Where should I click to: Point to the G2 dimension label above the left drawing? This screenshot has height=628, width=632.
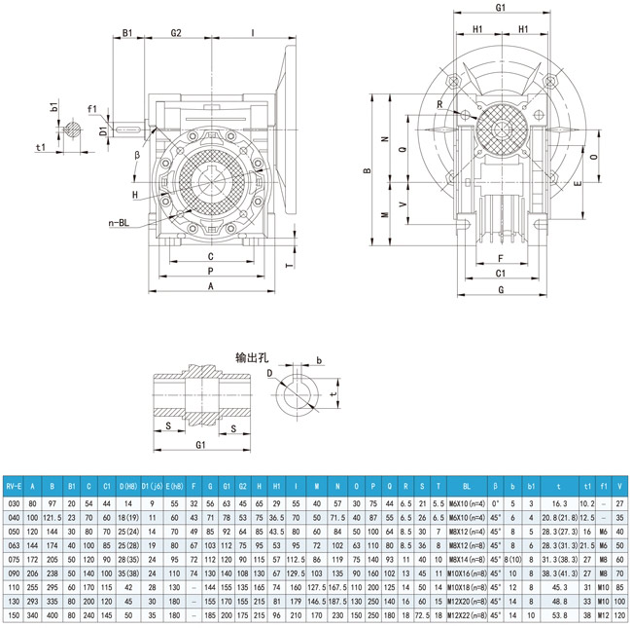[176, 33]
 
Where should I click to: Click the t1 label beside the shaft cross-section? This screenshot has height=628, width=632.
[42, 148]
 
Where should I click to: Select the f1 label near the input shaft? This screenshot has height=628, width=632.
[91, 108]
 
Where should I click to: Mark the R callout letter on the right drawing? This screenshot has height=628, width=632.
[439, 104]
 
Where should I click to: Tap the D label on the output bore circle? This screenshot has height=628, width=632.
[271, 373]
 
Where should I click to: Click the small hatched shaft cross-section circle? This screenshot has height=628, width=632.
[71, 128]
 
